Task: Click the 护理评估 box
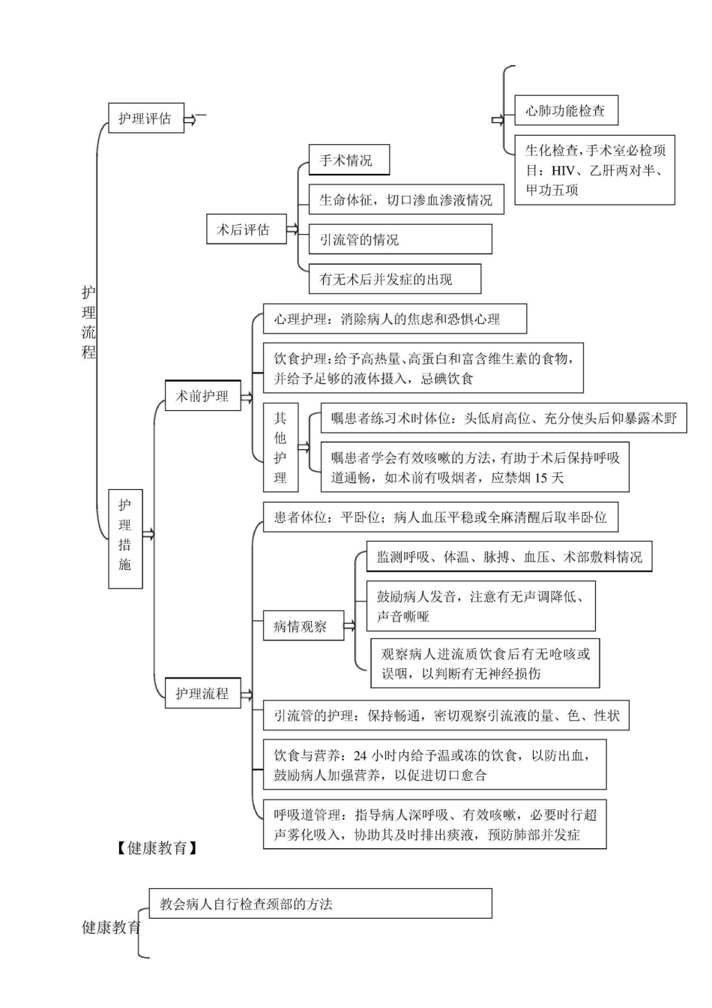point(145,118)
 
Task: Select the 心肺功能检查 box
point(566,111)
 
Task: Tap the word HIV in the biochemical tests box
point(563,170)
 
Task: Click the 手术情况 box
point(349,160)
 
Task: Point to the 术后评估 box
point(245,229)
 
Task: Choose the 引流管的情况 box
point(400,240)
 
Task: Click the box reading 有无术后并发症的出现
point(394,280)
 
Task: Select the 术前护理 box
point(202,395)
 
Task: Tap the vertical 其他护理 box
point(280,447)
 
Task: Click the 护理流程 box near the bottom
point(202,693)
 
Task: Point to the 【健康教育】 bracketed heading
point(157,848)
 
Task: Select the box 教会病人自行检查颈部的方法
point(320,904)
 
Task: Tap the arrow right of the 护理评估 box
point(191,118)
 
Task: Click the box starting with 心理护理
point(394,319)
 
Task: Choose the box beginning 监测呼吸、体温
point(509,556)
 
